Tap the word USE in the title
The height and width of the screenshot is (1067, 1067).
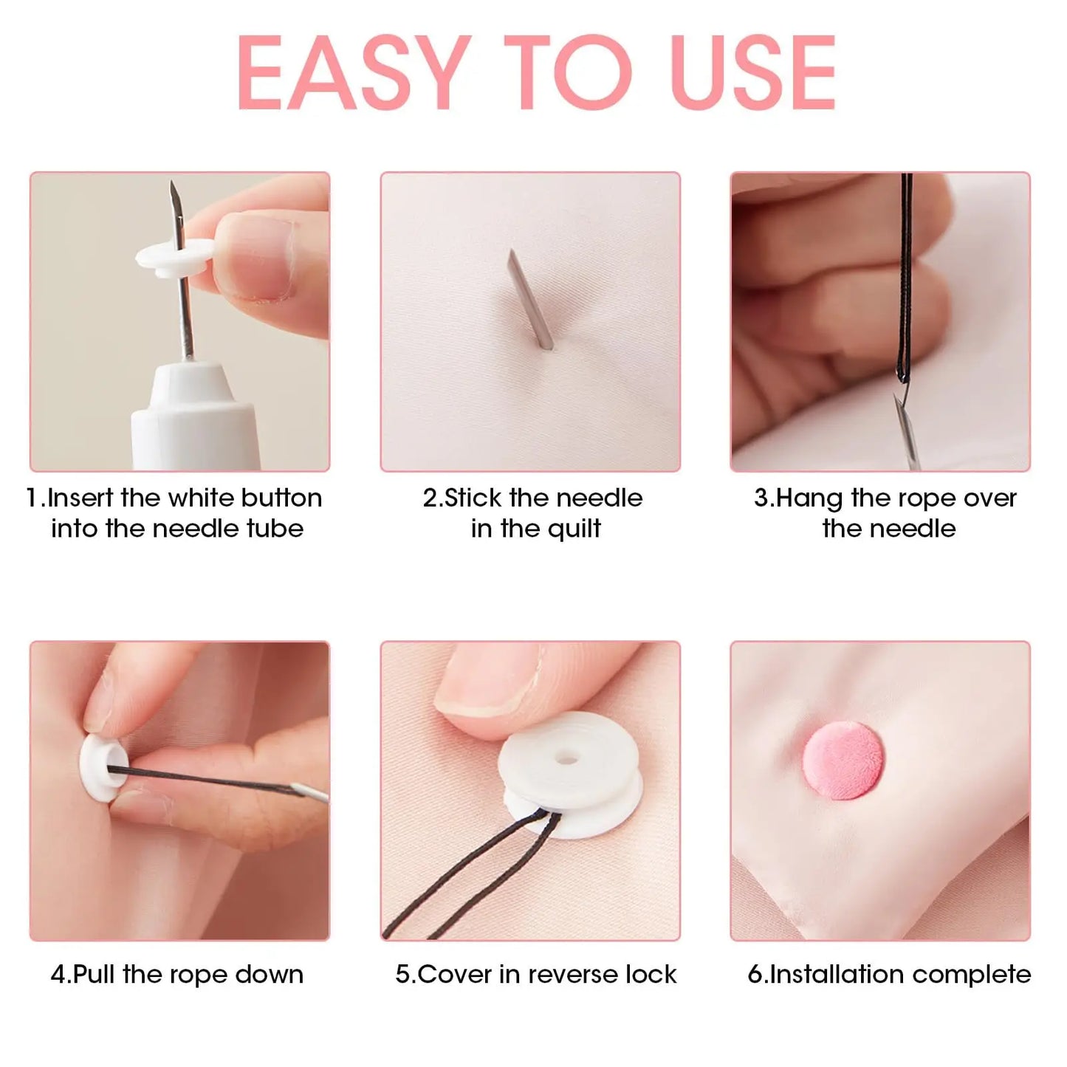point(754,73)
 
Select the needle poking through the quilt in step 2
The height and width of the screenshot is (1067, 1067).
point(528,299)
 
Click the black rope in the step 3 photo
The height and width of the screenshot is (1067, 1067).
point(906,281)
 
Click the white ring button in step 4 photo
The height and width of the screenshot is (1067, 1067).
point(97,768)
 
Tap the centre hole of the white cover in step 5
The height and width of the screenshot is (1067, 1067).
point(566,758)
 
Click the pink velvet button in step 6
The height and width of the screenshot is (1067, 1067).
point(842,761)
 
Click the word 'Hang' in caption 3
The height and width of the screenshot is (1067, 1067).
point(809,498)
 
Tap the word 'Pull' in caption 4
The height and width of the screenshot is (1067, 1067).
point(95,975)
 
